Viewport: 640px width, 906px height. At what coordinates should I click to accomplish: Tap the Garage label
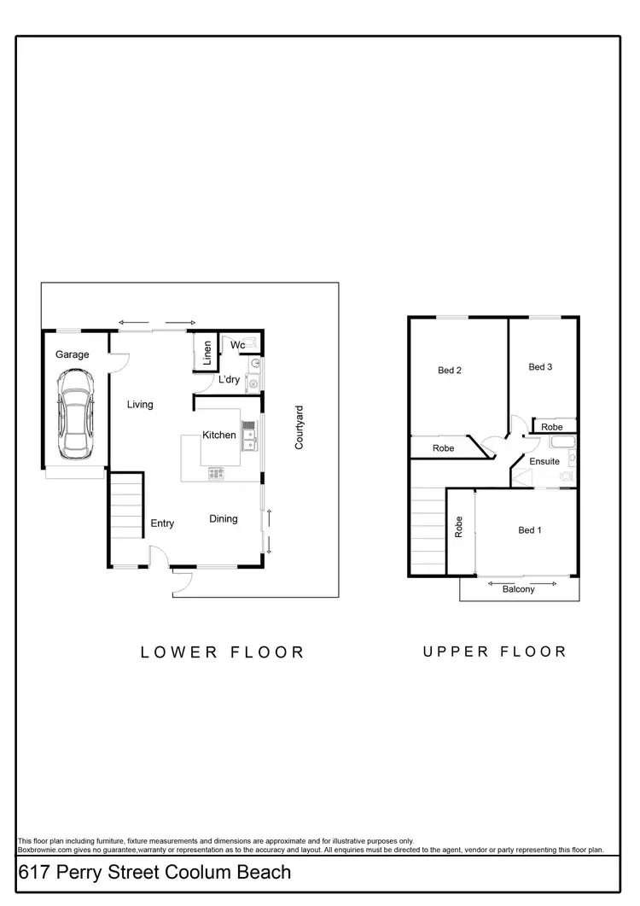[73, 354]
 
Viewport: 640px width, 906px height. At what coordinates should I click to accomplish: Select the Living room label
[140, 404]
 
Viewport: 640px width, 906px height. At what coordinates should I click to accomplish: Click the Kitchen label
[219, 435]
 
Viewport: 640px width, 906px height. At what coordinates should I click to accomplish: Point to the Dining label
[224, 518]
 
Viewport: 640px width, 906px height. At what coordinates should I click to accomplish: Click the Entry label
[163, 523]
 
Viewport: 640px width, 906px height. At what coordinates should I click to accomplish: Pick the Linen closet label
[207, 353]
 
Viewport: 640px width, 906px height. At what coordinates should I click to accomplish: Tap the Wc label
[239, 345]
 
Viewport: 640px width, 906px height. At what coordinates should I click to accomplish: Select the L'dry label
[229, 380]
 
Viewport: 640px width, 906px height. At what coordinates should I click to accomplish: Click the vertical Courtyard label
[300, 428]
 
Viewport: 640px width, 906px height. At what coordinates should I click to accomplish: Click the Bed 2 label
[450, 370]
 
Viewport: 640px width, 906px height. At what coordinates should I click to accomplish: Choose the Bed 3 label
[540, 367]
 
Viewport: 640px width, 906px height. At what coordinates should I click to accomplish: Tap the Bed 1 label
[530, 530]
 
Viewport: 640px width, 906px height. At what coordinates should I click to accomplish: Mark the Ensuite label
[544, 461]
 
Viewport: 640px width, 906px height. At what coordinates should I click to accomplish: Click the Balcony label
[519, 589]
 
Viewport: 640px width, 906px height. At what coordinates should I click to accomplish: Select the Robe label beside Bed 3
[552, 426]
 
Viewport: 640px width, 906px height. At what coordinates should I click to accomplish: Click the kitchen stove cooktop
[217, 472]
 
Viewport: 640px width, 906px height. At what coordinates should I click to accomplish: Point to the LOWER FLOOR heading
[222, 652]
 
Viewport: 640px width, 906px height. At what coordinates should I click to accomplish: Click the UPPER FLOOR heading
[495, 652]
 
